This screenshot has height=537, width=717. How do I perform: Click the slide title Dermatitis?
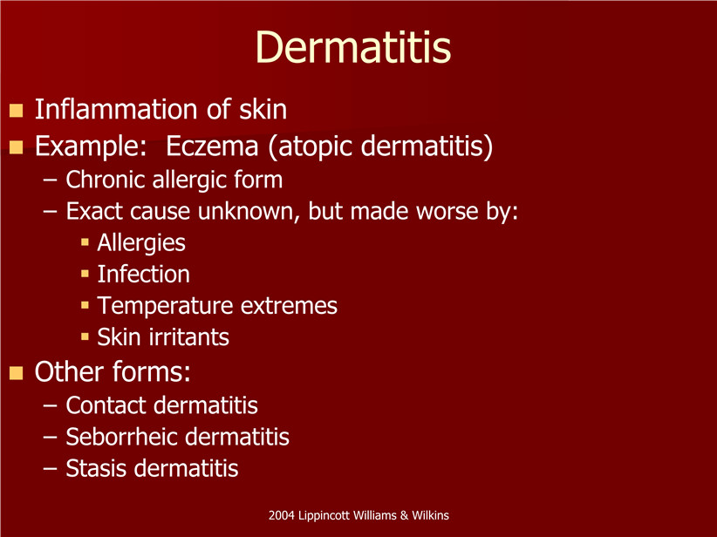(353, 47)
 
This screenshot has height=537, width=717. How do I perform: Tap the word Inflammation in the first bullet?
(116, 109)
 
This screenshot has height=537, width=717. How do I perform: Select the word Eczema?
(212, 146)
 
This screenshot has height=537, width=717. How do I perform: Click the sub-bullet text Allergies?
(141, 243)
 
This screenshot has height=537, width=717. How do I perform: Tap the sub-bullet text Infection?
(144, 275)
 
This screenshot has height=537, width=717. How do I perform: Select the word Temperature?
(166, 306)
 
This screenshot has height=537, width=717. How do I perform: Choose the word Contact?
(106, 405)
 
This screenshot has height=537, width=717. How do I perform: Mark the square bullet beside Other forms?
(16, 373)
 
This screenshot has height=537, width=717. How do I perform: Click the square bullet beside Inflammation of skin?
(16, 111)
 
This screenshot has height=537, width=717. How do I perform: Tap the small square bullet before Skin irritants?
(85, 337)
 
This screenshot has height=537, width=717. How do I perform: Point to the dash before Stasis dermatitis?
(51, 469)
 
